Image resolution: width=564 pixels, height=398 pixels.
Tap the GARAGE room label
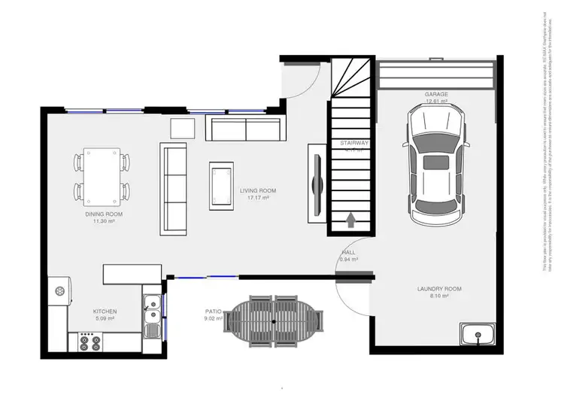tap(436, 94)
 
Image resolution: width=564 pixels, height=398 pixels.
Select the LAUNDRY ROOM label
tap(439, 289)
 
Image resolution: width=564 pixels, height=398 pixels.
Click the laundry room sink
tap(477, 334)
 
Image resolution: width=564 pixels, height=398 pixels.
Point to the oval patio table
tap(276, 321)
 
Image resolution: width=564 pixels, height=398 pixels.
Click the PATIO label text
tap(212, 310)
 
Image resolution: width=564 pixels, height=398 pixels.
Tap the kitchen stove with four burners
tap(90, 342)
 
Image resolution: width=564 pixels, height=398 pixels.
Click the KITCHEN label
tap(104, 311)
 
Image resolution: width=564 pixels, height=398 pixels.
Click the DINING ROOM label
tap(103, 214)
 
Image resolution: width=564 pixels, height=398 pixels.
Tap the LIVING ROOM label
tap(258, 191)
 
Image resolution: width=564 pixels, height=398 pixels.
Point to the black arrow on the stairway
tap(350, 220)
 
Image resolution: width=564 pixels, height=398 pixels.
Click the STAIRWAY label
tap(353, 142)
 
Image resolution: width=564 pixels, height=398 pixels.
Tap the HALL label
tap(349, 252)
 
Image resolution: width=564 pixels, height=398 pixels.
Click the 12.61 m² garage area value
tap(436, 101)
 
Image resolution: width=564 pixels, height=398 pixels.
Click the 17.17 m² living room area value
tap(258, 198)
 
